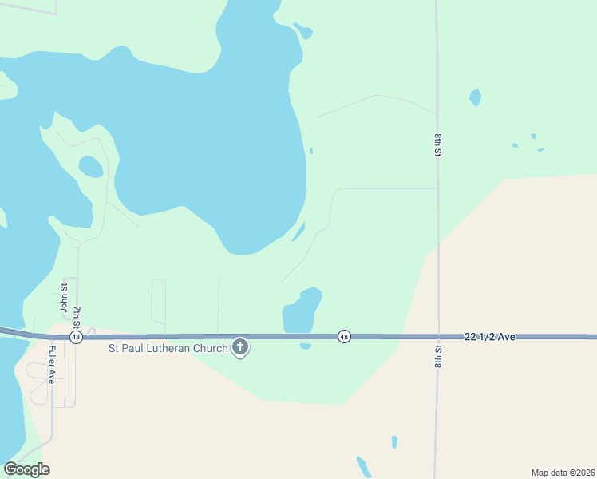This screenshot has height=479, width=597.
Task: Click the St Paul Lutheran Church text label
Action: click(168, 347)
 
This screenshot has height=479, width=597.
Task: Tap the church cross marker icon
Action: click(240, 347)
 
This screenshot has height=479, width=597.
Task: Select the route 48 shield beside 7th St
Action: click(76, 338)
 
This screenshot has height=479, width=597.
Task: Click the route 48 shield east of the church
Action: click(344, 336)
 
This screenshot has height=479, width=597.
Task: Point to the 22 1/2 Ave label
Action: click(489, 338)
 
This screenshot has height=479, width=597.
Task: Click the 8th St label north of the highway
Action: click(438, 145)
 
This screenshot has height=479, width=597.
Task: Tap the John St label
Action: click(64, 297)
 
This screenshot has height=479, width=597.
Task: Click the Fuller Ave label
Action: click(51, 364)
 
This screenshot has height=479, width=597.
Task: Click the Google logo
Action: click(26, 469)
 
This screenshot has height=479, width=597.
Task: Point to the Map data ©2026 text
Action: click(563, 472)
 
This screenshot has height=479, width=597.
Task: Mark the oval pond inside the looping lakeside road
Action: click(91, 166)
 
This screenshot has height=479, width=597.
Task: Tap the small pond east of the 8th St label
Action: click(476, 97)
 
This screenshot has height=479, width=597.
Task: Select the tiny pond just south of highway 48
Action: click(305, 346)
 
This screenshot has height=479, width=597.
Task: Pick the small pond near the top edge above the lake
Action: click(303, 31)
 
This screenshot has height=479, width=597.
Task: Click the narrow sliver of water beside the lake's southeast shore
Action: click(298, 232)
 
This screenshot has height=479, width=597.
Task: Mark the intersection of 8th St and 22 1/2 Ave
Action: click(437, 337)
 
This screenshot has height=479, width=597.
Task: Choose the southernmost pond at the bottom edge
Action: click(364, 466)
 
